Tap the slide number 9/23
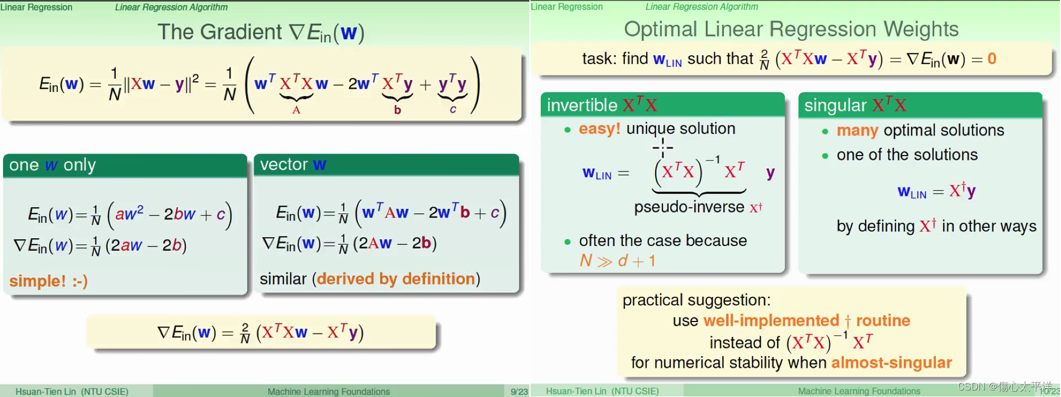(x=519, y=391)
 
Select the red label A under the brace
(x=296, y=110)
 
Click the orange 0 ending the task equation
(x=992, y=58)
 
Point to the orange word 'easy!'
(x=599, y=128)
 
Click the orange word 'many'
(x=857, y=131)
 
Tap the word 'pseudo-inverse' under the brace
(x=689, y=207)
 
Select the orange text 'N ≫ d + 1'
(x=617, y=260)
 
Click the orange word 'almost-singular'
(x=891, y=362)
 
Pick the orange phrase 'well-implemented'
(x=771, y=320)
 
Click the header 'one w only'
(x=52, y=165)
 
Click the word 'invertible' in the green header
(x=582, y=105)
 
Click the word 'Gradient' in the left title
(x=241, y=32)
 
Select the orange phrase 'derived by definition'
(x=396, y=278)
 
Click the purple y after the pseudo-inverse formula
(x=770, y=173)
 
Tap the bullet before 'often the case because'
(x=567, y=242)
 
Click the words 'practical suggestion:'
(x=696, y=300)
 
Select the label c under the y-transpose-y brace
(x=453, y=109)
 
